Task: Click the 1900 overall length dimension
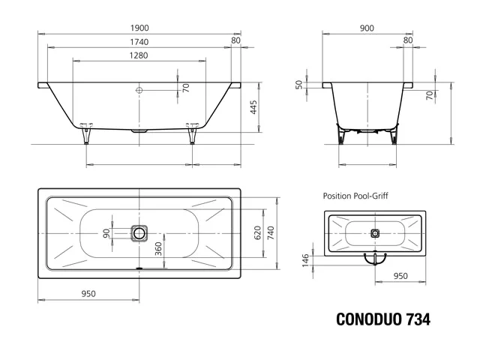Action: [x=139, y=28]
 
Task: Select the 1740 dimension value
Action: [x=139, y=42]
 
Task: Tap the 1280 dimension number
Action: [x=139, y=55]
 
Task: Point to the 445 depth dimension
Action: [x=253, y=107]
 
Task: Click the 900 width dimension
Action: [x=367, y=28]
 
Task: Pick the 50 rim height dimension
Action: [x=298, y=85]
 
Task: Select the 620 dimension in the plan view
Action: [x=258, y=233]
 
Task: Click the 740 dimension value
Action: [x=271, y=233]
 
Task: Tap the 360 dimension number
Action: [x=158, y=249]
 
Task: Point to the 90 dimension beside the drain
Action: [x=106, y=233]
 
